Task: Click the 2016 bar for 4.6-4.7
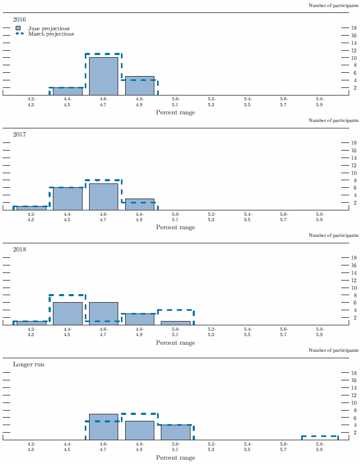104,76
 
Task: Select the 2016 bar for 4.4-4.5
67,91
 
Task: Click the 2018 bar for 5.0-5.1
175,323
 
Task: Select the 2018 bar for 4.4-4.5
67,313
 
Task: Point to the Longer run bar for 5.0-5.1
175,432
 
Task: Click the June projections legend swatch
19,28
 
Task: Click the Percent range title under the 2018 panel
175,343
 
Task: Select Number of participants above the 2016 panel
333,5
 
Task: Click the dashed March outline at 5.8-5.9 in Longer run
320,436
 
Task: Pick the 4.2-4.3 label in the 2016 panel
31,101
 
